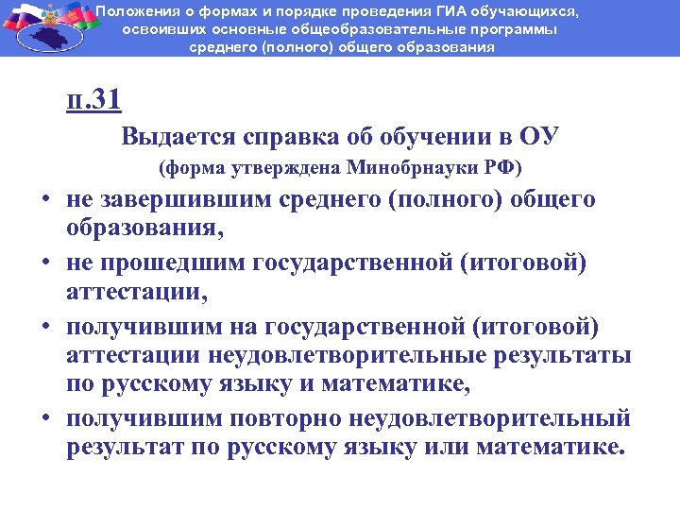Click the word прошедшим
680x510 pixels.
point(170,262)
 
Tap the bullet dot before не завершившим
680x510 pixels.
point(44,201)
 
